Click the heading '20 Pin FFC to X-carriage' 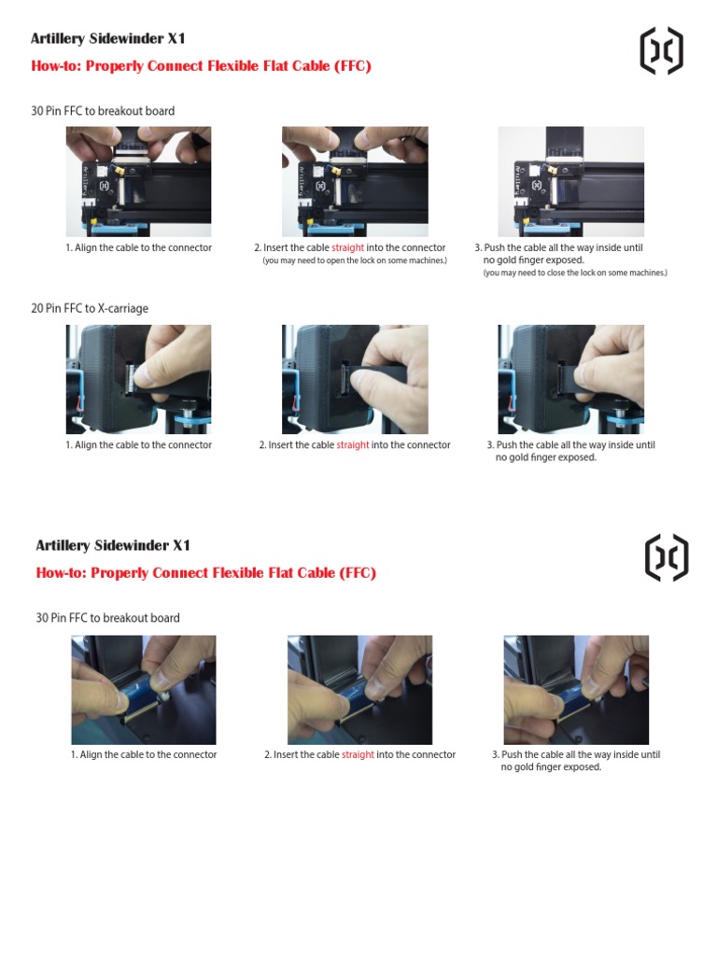(90, 308)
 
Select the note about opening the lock (355, 260)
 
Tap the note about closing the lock (575, 273)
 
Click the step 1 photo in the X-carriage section (138, 379)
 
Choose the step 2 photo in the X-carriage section (355, 379)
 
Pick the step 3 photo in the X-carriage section (570, 379)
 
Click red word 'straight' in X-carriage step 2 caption (353, 445)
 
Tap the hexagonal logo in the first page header (661, 50)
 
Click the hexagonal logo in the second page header (667, 557)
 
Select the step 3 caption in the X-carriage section (570, 451)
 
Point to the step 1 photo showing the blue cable (144, 690)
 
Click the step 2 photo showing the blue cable (359, 690)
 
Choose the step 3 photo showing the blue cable (576, 690)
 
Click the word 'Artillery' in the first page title (58, 39)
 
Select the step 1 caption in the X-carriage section (138, 445)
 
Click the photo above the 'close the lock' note (570, 181)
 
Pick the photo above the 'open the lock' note (355, 181)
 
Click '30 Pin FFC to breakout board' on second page (107, 618)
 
